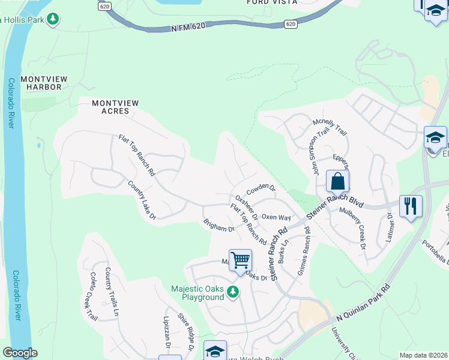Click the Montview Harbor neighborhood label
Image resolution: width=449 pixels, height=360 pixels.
click(x=41, y=83)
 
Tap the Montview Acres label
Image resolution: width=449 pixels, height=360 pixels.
click(x=115, y=107)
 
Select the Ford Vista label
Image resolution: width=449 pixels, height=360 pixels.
click(x=271, y=2)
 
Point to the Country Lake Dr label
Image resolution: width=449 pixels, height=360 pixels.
click(x=142, y=199)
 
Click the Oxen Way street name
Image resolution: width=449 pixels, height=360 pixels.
click(x=276, y=217)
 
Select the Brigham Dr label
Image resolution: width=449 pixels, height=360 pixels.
click(x=218, y=225)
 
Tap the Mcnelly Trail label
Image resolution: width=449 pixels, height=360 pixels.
click(x=330, y=127)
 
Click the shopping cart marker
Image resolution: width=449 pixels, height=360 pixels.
click(x=240, y=261)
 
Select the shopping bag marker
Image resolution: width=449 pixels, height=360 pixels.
click(x=338, y=182)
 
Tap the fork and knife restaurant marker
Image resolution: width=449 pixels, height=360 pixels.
click(x=411, y=206)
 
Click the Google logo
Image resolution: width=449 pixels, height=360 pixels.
click(x=20, y=353)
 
